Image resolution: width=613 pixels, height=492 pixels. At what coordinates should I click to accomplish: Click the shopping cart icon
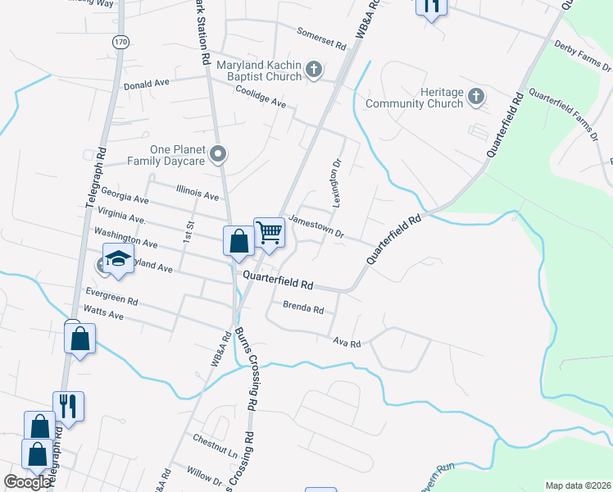269,233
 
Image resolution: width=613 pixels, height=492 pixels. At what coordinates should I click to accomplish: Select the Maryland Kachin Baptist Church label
258,71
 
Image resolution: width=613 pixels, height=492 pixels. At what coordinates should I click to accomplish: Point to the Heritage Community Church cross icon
476,98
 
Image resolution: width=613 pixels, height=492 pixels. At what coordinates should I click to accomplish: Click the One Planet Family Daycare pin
218,153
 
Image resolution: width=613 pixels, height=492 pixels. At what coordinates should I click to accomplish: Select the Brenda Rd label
303,309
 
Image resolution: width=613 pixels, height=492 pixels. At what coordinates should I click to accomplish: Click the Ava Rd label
347,343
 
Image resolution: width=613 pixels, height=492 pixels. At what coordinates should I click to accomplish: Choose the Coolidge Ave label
261,98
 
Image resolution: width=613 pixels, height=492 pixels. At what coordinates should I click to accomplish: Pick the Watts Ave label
103,312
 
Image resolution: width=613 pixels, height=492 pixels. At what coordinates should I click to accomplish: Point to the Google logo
27,481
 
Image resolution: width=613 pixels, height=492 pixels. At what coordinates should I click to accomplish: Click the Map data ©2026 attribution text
578,485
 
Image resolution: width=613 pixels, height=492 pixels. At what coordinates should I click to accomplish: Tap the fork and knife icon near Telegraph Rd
68,406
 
